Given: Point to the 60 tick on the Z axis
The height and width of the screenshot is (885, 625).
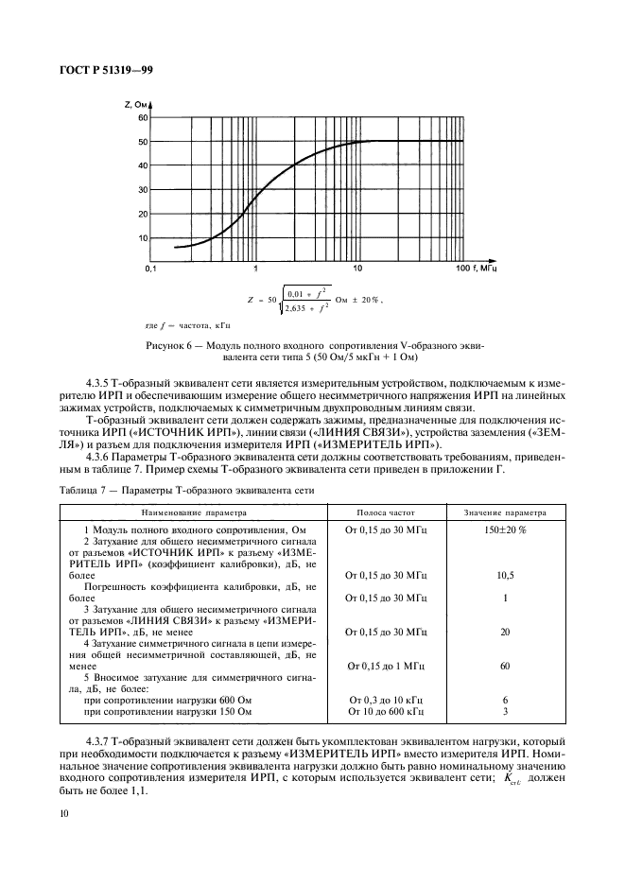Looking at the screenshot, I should [x=143, y=117].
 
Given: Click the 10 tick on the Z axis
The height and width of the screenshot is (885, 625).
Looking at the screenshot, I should [x=143, y=238].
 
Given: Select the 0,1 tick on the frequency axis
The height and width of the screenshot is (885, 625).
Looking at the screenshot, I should [x=150, y=270].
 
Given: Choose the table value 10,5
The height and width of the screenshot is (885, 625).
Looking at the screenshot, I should [x=505, y=575].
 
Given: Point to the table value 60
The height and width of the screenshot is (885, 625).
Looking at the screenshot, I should [x=505, y=666].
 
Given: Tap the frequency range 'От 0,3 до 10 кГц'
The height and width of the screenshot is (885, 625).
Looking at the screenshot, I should [x=386, y=699].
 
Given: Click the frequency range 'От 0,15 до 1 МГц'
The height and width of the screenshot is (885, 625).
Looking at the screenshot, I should [x=386, y=666].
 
